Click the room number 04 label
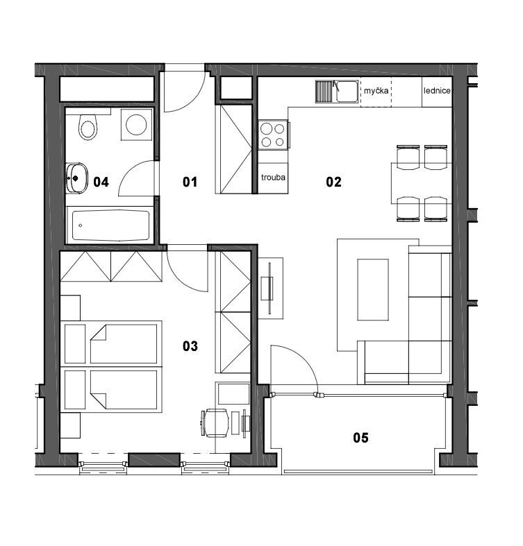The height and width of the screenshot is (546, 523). tap(101, 182)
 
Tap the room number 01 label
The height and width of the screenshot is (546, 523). tap(190, 182)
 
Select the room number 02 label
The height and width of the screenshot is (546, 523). tap(333, 182)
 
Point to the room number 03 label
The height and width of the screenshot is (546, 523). tap(190, 345)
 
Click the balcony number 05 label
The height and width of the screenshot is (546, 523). tap(360, 437)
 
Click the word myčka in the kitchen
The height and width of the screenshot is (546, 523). tap(376, 91)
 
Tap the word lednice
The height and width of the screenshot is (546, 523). tap(437, 91)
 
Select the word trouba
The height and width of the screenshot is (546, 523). tap(273, 177)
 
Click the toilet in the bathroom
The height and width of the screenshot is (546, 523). tap(88, 127)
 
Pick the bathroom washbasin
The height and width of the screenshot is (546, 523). tap(76, 178)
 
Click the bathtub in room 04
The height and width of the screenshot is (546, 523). tap(110, 225)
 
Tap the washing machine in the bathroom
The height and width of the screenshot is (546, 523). tap(136, 125)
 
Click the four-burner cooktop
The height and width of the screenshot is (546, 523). tap(273, 135)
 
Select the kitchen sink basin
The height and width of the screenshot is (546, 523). tap(346, 92)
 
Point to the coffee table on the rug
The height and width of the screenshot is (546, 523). tap(373, 289)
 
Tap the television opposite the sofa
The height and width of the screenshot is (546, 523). tap(270, 289)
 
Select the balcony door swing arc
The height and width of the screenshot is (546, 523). tap(303, 357)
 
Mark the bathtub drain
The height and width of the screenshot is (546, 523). tap(80, 225)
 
